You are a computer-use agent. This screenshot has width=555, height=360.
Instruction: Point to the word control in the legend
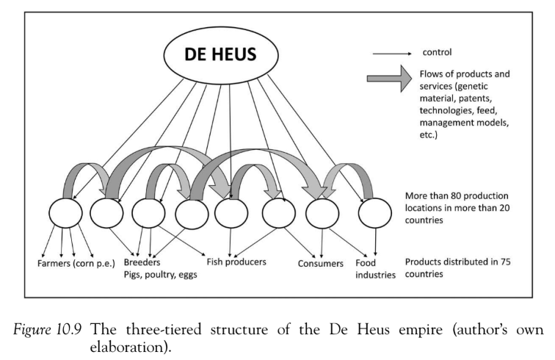436,52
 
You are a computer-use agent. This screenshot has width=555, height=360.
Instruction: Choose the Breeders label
142,262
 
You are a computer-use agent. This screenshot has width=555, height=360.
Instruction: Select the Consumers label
321,263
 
